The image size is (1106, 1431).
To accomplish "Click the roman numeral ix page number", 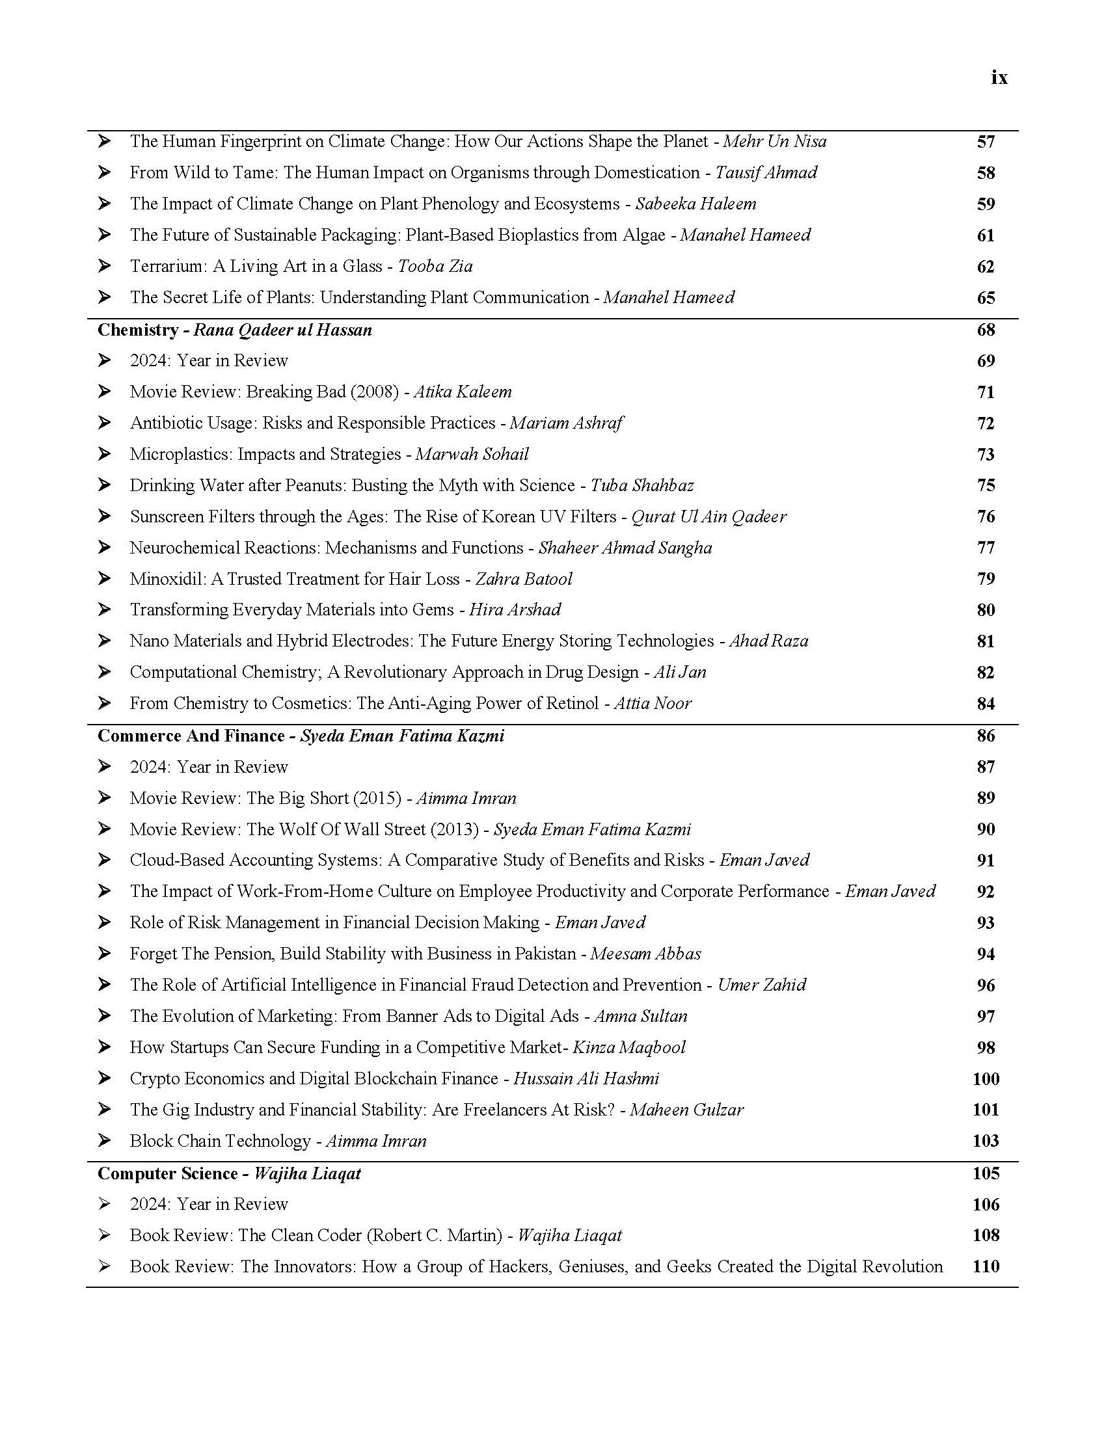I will tap(999, 78).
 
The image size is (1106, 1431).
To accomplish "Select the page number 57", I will tap(986, 142).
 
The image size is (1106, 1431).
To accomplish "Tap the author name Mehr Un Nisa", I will tap(774, 142).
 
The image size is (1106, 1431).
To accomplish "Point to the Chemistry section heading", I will tap(137, 330).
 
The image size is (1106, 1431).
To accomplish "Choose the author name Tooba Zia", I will tap(435, 266).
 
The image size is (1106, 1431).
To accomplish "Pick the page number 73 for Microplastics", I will tap(986, 454).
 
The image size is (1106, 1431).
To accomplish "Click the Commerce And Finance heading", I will tap(191, 736).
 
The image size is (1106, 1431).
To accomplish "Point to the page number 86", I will tap(986, 736).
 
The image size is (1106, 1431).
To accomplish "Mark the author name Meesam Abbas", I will tap(645, 954).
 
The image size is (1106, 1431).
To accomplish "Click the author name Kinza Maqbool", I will tap(629, 1047).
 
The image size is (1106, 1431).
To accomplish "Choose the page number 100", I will tap(986, 1078).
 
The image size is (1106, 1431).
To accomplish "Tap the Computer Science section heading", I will tap(167, 1173).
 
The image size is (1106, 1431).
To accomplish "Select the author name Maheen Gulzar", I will tap(686, 1109).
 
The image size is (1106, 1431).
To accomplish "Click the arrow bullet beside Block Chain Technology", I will tap(104, 1141).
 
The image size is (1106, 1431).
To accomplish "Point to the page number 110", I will tap(986, 1266).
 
